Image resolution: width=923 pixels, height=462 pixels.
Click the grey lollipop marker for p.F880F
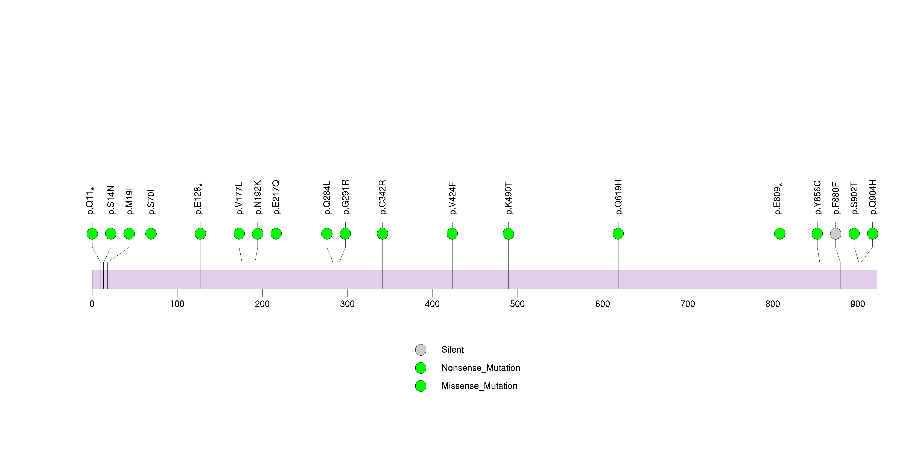[x=835, y=234]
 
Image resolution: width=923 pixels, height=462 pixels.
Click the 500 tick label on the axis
[x=517, y=304]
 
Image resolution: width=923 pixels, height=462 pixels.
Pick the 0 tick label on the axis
[x=92, y=304]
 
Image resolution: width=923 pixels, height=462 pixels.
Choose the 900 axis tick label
[x=857, y=304]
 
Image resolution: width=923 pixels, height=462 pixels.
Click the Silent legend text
[x=452, y=350]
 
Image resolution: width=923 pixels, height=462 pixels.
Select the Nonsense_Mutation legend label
[x=480, y=368]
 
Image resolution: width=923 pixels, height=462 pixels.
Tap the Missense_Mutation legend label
[x=479, y=386]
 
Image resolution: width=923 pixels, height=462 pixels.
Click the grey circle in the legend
[x=421, y=350]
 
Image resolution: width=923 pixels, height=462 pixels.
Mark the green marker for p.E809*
[x=780, y=234]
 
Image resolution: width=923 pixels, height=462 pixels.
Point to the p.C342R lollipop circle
[x=382, y=234]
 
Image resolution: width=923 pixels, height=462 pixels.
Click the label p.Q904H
[x=872, y=197]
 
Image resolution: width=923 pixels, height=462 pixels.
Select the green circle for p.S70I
[x=151, y=234]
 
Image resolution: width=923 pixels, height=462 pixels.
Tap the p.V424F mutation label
[x=452, y=198]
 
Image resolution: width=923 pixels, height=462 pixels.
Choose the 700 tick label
[x=687, y=304]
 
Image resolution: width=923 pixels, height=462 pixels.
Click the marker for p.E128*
[x=200, y=234]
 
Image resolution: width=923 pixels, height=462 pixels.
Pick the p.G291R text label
[x=345, y=197]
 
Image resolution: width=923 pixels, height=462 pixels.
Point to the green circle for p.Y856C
[x=817, y=234]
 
